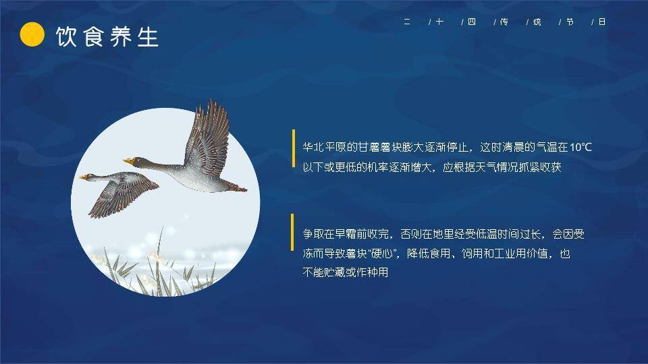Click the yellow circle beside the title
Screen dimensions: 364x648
(x=32, y=35)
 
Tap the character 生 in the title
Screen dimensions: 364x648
(x=147, y=36)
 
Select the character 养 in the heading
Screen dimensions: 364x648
(x=120, y=36)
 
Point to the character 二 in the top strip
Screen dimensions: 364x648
(x=407, y=22)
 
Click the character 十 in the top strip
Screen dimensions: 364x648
(x=439, y=22)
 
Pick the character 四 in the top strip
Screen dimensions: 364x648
(x=472, y=22)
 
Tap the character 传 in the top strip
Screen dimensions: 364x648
(x=504, y=22)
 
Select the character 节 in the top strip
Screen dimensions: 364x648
(x=570, y=22)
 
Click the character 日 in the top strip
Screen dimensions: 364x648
(x=602, y=22)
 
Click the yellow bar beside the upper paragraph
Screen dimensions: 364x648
(x=293, y=148)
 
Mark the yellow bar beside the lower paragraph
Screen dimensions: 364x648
(x=292, y=232)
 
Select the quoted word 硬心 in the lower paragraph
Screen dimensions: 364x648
(x=391, y=254)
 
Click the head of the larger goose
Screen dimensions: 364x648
(x=139, y=161)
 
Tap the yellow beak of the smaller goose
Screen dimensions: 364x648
(x=83, y=177)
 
